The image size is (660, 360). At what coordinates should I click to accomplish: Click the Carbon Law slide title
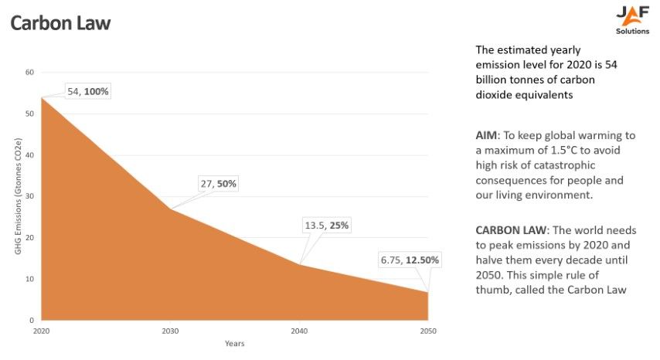60,23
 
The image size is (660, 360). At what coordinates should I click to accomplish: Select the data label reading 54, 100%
88,91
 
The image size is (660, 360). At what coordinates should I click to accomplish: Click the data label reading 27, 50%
218,184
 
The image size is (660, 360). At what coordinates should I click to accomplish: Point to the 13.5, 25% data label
326,226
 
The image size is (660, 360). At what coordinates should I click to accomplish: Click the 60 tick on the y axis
30,73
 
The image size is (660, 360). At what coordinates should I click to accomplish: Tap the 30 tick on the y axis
30,196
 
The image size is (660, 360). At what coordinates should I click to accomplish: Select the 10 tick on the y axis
30,279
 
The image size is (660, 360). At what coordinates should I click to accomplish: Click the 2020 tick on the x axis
41,331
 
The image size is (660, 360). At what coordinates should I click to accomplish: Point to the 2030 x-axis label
170,331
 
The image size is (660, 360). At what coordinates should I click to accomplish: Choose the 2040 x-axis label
299,331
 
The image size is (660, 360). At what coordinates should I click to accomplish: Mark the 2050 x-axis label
427,331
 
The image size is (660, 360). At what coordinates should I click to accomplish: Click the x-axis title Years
235,343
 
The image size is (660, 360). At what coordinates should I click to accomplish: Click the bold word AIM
487,135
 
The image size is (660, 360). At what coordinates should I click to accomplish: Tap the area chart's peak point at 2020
42,97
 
